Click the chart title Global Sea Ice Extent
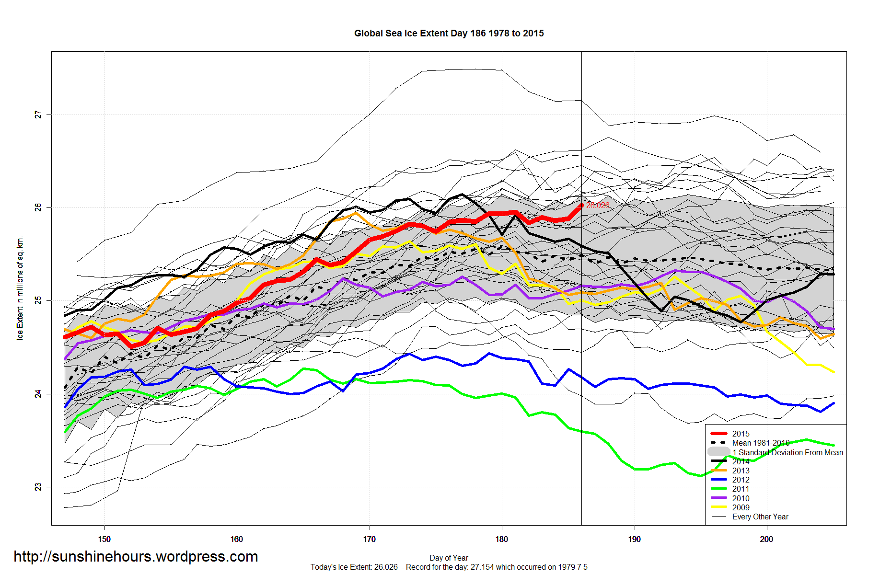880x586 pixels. [449, 34]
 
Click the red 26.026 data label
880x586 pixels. [598, 205]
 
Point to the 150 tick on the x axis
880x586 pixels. [104, 539]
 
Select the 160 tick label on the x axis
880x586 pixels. [236, 539]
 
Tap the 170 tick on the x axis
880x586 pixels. [369, 539]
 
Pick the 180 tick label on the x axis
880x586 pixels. [501, 539]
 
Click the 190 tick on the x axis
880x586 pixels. [634, 539]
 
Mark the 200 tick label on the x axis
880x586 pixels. [766, 539]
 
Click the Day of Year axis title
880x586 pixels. [449, 558]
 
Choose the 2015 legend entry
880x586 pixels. [741, 434]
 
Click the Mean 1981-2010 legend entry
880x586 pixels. [761, 443]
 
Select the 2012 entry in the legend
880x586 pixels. [741, 480]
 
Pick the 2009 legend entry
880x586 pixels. [741, 507]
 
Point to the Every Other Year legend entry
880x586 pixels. [760, 517]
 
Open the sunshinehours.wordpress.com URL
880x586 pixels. [136, 557]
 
